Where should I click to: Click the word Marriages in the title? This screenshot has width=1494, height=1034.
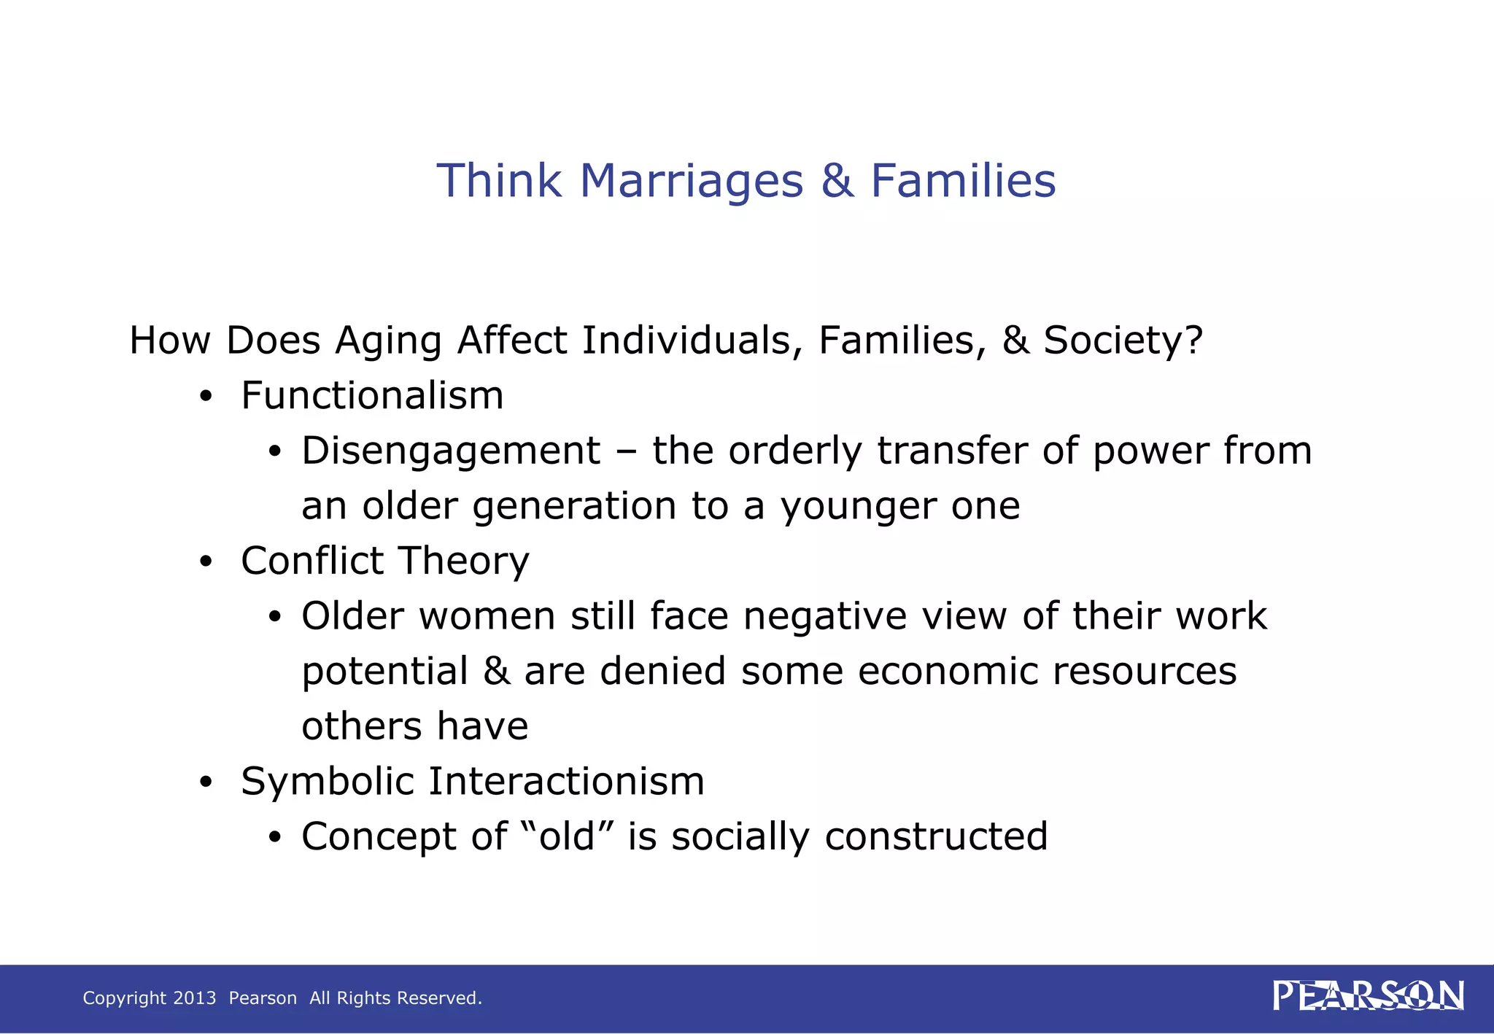click(692, 181)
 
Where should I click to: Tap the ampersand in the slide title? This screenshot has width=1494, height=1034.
click(837, 181)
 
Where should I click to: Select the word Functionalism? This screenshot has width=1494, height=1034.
click(372, 396)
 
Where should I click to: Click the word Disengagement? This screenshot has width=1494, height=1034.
click(451, 451)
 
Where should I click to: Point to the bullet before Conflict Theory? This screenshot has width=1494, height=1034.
click(206, 562)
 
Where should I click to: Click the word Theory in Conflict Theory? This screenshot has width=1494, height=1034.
click(464, 561)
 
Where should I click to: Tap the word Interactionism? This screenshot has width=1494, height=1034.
click(566, 782)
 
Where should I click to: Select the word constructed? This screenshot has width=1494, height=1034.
click(936, 836)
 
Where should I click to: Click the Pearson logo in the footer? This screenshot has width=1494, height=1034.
click(1368, 996)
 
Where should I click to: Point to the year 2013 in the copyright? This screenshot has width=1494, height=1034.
click(195, 998)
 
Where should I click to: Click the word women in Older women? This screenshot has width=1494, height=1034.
click(487, 616)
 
